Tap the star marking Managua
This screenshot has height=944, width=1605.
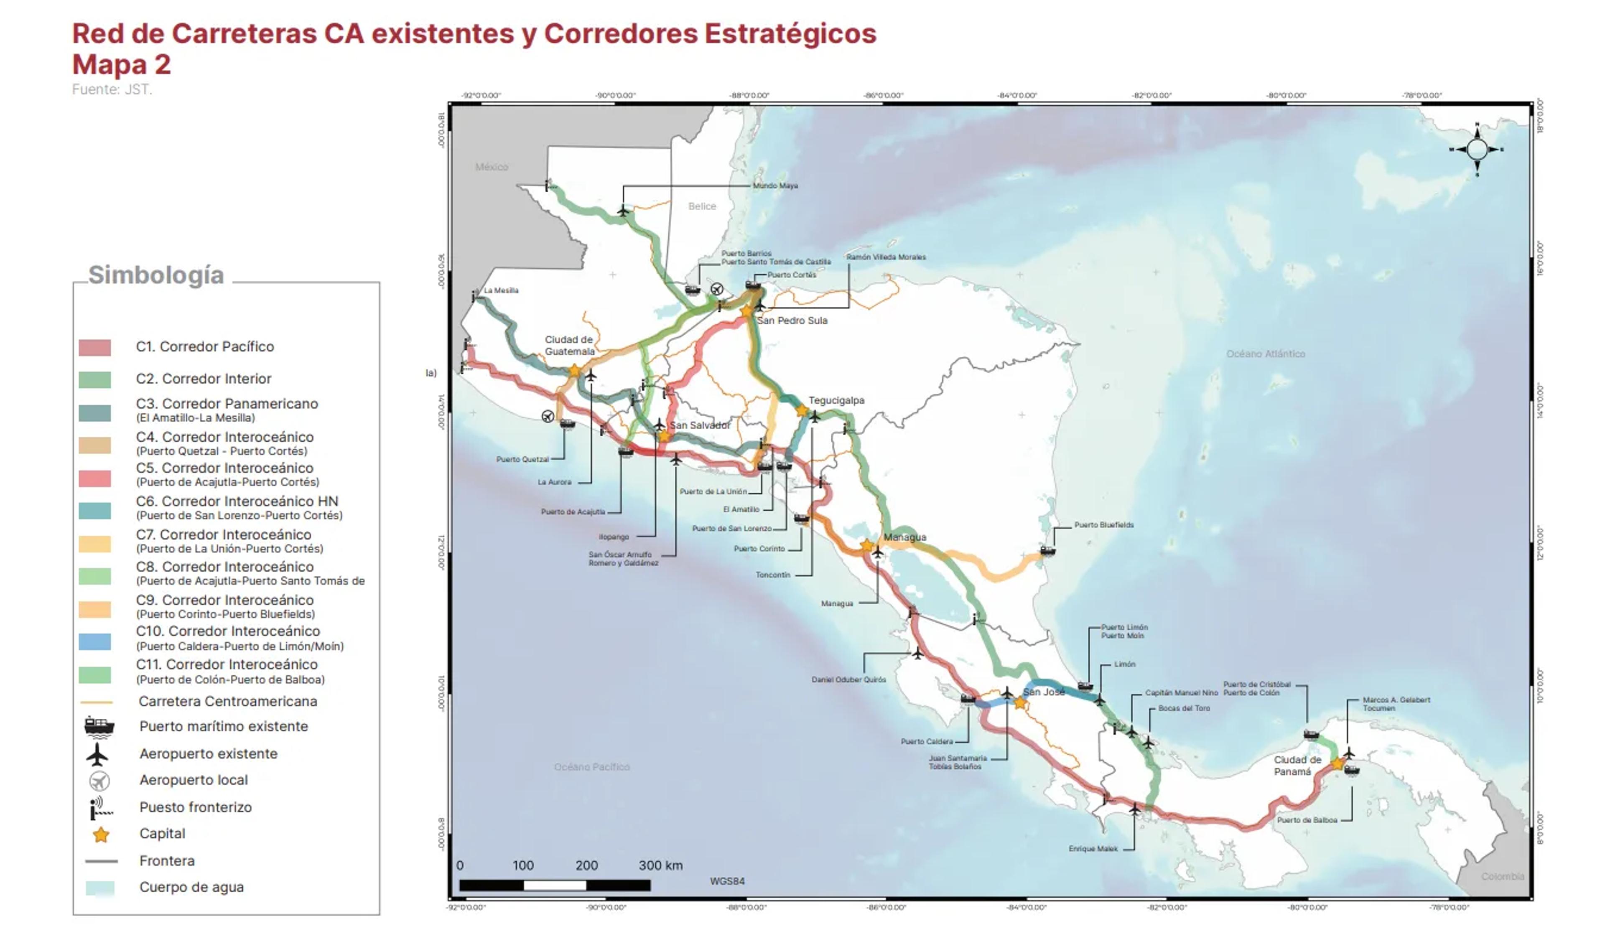(867, 546)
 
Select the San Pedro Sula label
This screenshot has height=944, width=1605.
(792, 321)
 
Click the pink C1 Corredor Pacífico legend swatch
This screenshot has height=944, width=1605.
(95, 347)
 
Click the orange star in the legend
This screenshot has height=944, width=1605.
(101, 835)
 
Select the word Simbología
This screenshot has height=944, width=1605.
(156, 275)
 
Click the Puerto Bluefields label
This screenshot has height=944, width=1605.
(1104, 525)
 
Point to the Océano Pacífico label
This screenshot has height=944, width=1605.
(592, 767)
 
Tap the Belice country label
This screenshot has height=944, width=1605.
(702, 206)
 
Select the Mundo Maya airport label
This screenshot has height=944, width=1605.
(775, 186)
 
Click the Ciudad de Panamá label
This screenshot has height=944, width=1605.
(1297, 766)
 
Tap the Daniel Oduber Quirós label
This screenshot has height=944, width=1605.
(848, 679)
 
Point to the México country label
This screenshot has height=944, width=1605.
(492, 167)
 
